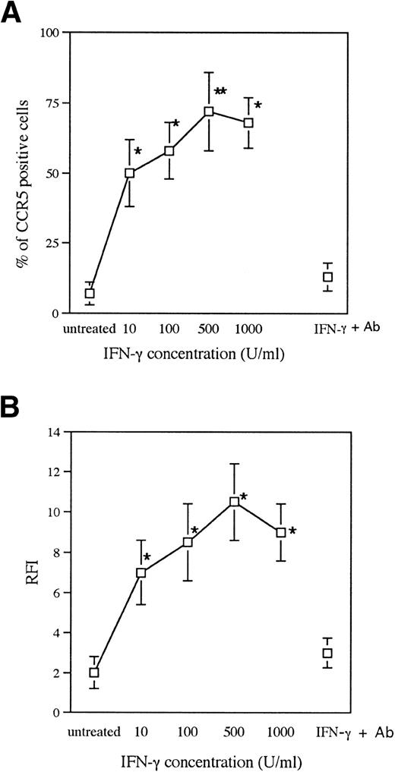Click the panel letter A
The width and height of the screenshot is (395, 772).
point(13,14)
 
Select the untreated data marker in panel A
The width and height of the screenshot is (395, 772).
point(90,293)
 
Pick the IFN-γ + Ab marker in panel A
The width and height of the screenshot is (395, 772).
point(328,277)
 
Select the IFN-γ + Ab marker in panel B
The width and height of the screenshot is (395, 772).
point(328,653)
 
